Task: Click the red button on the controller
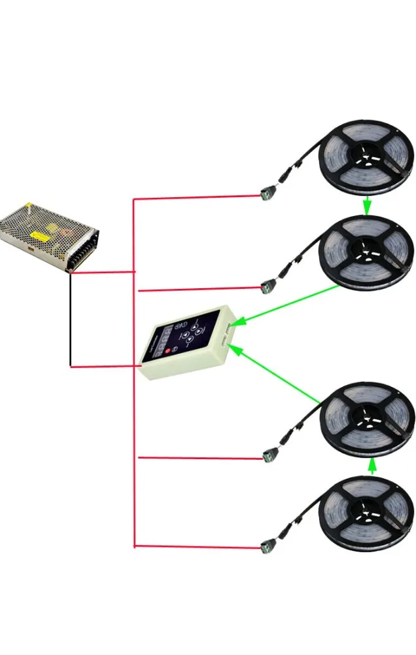pyautogui.click(x=167, y=352)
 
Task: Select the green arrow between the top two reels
pyautogui.click(x=368, y=204)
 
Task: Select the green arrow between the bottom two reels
pyautogui.click(x=372, y=466)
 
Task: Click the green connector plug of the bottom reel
pyautogui.click(x=267, y=544)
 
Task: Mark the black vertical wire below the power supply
pyautogui.click(x=70, y=321)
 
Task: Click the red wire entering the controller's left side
pyautogui.click(x=118, y=366)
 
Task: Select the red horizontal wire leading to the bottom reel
pyautogui.click(x=196, y=546)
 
